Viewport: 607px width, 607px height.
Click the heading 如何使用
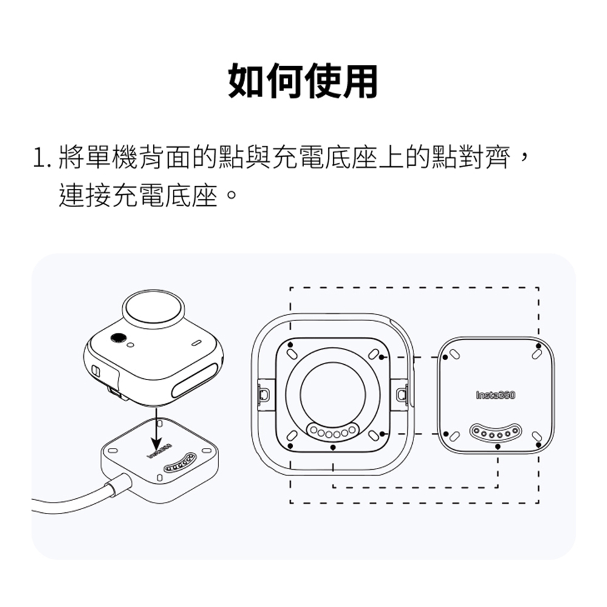[303, 81]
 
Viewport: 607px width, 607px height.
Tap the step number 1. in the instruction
[42, 158]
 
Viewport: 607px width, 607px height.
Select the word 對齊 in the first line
[484, 157]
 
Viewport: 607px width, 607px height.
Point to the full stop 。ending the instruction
[231, 194]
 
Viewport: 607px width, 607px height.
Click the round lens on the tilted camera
[153, 310]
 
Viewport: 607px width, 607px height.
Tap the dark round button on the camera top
[117, 338]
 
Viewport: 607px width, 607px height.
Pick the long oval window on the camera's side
[195, 381]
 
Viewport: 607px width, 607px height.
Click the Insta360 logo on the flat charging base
[495, 395]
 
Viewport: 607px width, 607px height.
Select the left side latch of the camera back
[264, 395]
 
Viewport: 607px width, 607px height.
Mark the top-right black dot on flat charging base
[538, 346]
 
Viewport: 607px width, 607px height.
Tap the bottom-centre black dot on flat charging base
[498, 447]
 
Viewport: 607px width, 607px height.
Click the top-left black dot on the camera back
[290, 345]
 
